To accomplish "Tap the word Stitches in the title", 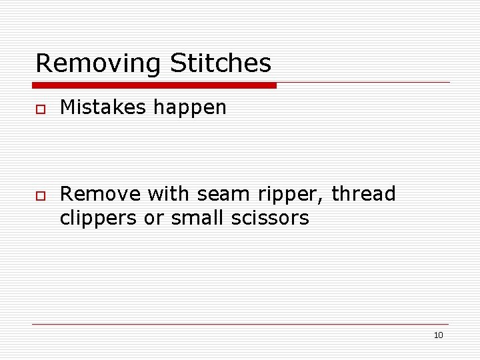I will [221, 63].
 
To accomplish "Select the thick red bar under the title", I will [155, 85].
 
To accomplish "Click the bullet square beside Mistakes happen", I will [41, 109].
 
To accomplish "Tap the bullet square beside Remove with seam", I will [41, 195].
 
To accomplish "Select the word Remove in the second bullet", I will [100, 194].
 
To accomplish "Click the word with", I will [167, 194].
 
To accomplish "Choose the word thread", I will [364, 194].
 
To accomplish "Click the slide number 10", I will [438, 335].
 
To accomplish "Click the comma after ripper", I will [323, 201].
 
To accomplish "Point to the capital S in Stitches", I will [178, 63].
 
